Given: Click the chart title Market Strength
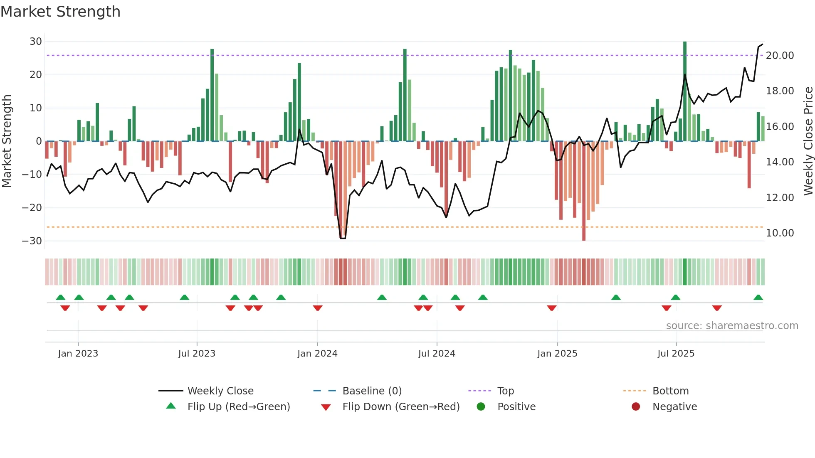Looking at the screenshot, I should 60,12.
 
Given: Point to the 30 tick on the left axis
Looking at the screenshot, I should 36,42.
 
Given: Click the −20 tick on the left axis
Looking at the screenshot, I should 32,208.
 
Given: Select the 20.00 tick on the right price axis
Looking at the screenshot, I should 780,56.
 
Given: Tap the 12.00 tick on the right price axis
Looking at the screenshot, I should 780,198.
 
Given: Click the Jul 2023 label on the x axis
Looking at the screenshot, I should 197,354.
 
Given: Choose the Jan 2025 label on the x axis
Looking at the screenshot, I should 557,354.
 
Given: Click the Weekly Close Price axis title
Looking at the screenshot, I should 808,141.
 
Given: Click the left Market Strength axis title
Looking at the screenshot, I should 7,141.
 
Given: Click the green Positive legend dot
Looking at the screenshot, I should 481,407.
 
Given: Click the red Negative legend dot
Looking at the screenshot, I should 636,407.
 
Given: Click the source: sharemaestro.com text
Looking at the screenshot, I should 732,326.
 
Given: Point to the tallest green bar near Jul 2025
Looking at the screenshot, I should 685,91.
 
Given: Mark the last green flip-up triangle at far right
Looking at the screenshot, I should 758,298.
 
